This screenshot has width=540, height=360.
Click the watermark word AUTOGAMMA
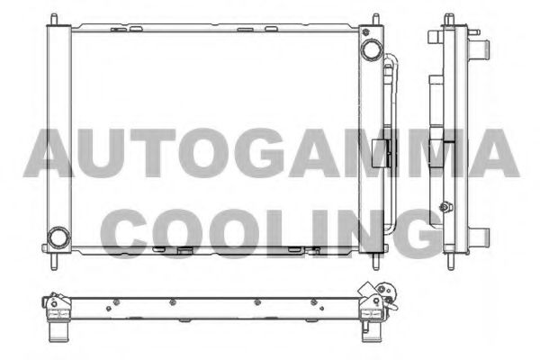(x=272, y=153)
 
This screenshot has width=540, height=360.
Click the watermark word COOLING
(x=272, y=233)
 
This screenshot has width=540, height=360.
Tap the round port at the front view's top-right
(x=371, y=49)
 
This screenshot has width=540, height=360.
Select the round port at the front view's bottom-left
(x=58, y=238)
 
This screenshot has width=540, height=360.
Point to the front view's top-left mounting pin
(x=54, y=19)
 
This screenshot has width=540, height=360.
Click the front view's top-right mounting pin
(x=376, y=19)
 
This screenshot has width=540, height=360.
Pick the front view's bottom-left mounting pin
(x=54, y=262)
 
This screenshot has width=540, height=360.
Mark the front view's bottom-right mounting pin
(x=376, y=262)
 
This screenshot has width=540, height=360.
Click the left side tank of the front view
(x=58, y=139)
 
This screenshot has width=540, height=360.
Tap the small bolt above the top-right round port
(x=365, y=32)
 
